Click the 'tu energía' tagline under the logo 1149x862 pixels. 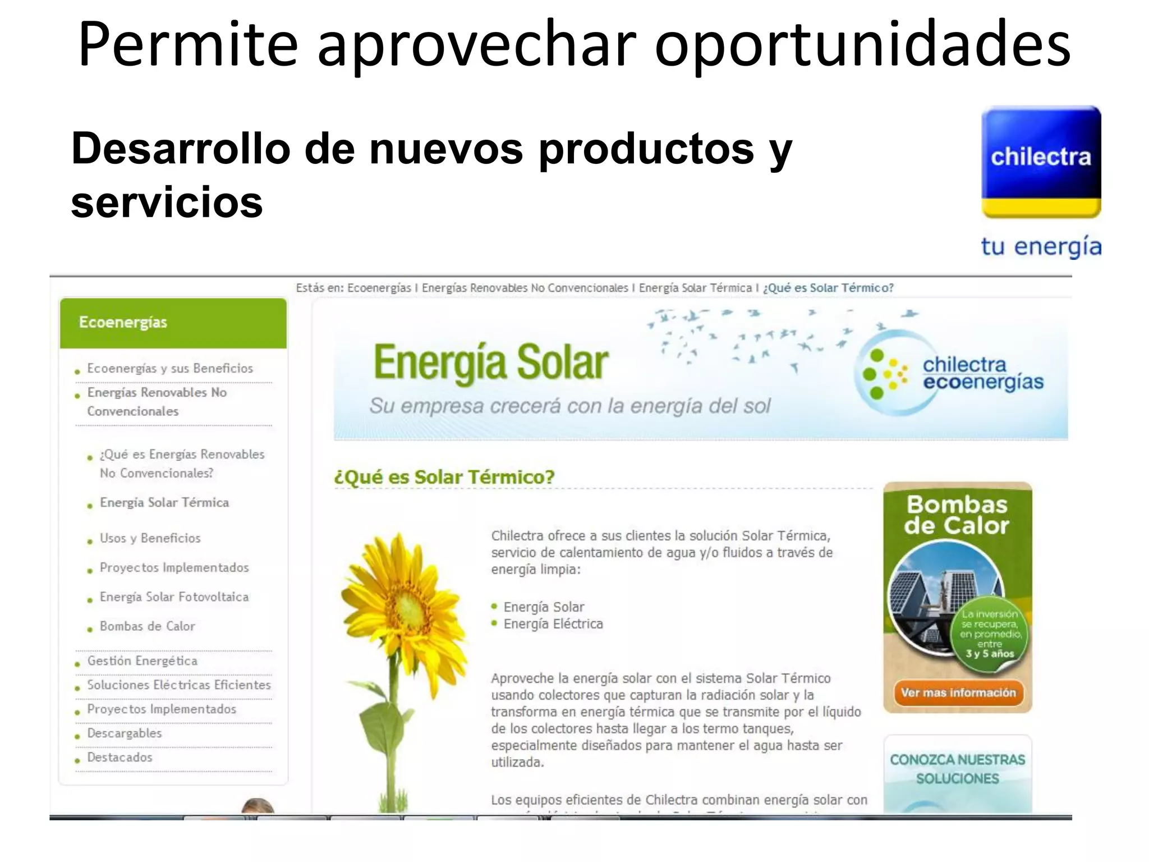[1041, 247]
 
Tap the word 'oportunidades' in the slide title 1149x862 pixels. [862, 44]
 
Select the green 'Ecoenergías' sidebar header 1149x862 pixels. [173, 323]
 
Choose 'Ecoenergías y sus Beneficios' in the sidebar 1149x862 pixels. [170, 369]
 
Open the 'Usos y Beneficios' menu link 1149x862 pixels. [150, 538]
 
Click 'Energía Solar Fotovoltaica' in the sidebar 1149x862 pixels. [174, 597]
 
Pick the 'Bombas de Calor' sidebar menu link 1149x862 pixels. [147, 626]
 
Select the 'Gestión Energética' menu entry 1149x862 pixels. [142, 661]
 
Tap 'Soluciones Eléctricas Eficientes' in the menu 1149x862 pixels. [178, 685]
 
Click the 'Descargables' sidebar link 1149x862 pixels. [124, 733]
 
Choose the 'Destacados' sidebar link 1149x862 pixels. [120, 758]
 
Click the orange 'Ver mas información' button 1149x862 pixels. [958, 693]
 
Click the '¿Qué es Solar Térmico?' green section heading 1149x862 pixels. [444, 478]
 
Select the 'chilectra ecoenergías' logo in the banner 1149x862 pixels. [954, 374]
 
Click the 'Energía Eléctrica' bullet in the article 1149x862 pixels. [553, 624]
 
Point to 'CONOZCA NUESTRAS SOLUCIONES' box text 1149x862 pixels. [957, 769]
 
